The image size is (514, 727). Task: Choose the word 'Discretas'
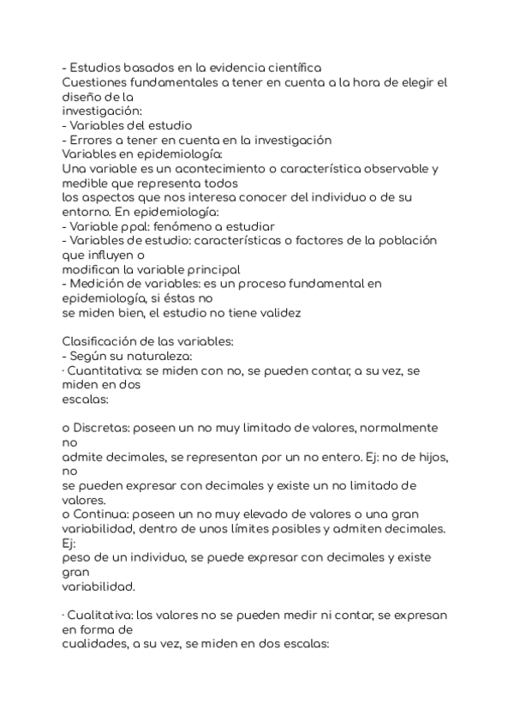(x=103, y=427)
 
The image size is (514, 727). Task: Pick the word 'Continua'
(x=99, y=514)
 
